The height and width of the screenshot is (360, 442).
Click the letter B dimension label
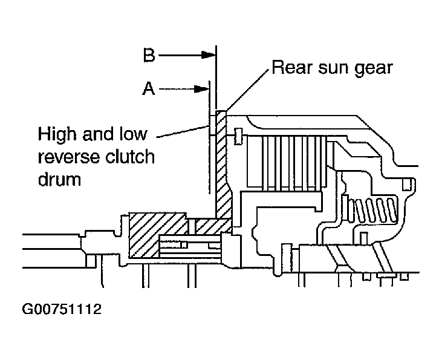(149, 56)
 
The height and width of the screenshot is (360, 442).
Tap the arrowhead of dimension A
(204, 89)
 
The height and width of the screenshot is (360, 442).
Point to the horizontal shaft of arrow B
(181, 56)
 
